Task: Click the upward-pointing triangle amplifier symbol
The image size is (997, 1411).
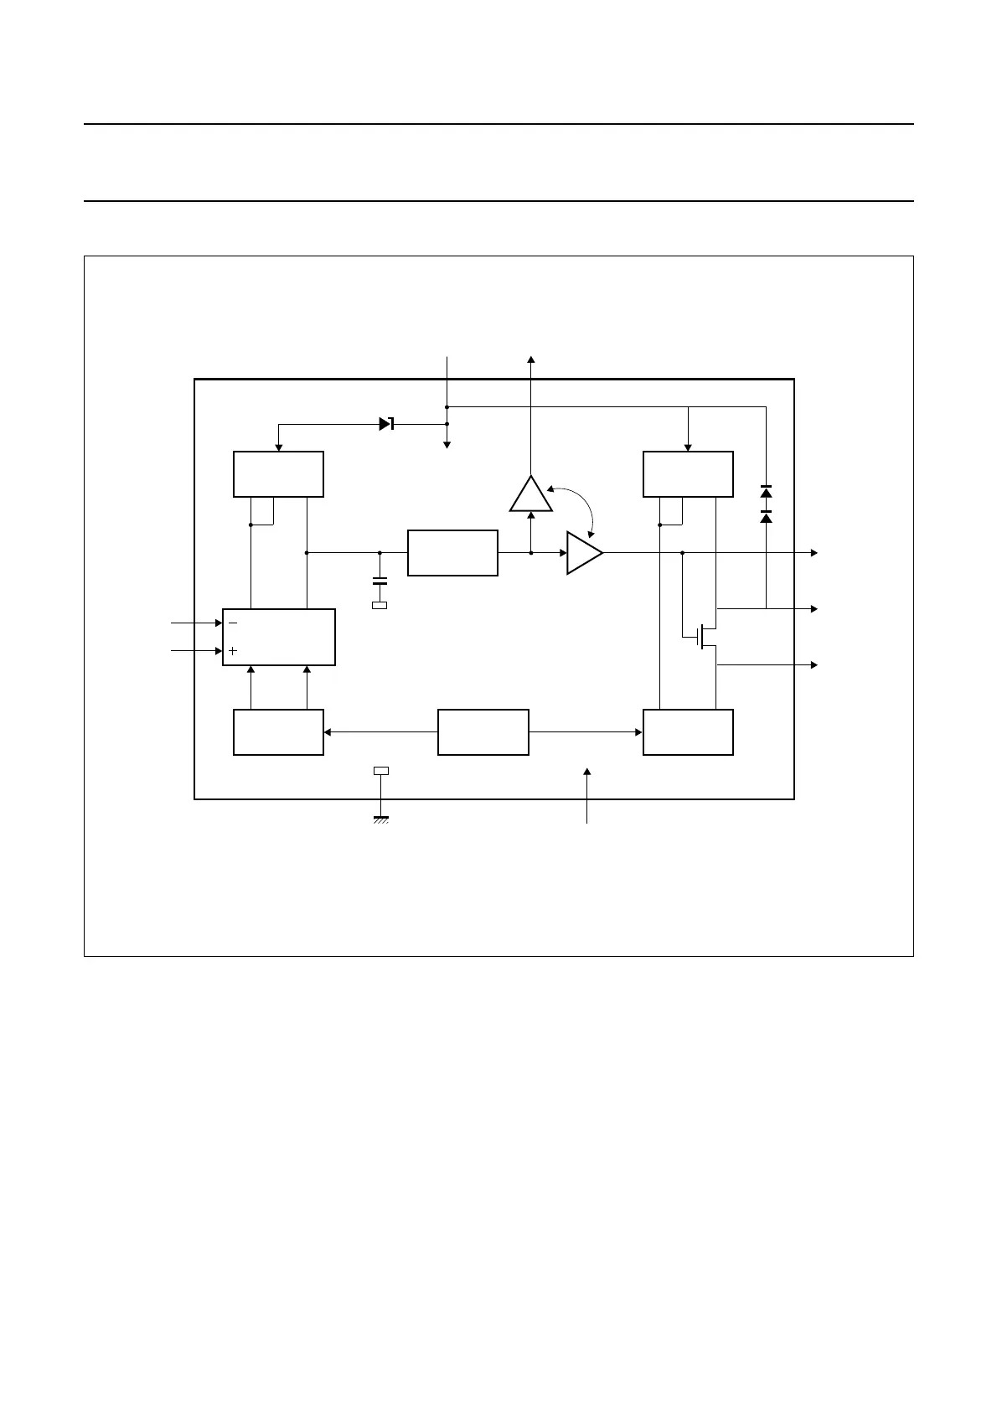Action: (x=531, y=496)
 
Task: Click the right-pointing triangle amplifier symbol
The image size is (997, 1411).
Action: (x=583, y=553)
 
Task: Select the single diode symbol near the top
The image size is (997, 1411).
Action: (x=386, y=424)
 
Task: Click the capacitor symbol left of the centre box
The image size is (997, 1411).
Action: (x=380, y=580)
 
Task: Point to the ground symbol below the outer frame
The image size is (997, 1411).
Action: (x=380, y=819)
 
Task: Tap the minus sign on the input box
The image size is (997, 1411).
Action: (x=233, y=623)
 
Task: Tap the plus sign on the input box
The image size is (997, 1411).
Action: (x=233, y=650)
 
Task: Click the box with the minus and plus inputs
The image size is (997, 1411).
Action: (x=279, y=638)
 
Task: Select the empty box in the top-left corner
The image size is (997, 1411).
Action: (x=278, y=474)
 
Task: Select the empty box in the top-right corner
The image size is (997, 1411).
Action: (x=688, y=474)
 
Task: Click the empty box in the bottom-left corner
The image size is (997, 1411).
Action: (x=278, y=732)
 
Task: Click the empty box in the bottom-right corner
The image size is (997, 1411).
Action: (x=688, y=732)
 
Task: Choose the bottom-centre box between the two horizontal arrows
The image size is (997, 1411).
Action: (x=483, y=732)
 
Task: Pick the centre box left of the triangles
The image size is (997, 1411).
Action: (x=452, y=553)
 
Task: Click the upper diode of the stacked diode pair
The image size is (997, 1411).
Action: (x=766, y=492)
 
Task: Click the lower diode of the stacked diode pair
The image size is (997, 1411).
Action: (x=766, y=517)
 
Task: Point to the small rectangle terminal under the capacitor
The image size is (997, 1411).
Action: (x=380, y=605)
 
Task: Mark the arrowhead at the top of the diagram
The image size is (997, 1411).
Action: (x=531, y=359)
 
